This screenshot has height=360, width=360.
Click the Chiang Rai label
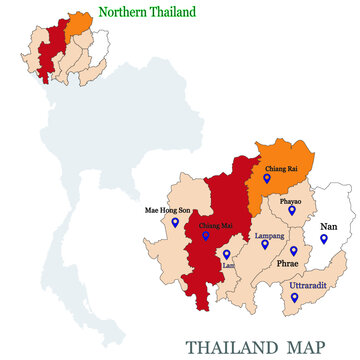pyautogui.click(x=279, y=170)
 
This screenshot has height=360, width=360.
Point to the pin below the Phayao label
pyautogui.click(x=292, y=211)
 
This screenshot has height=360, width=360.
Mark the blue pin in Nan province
pyautogui.click(x=323, y=240)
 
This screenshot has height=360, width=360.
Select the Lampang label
pyautogui.click(x=270, y=236)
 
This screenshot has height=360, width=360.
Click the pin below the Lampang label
pyautogui.click(x=267, y=247)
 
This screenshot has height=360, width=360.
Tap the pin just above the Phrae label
pyautogui.click(x=294, y=251)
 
